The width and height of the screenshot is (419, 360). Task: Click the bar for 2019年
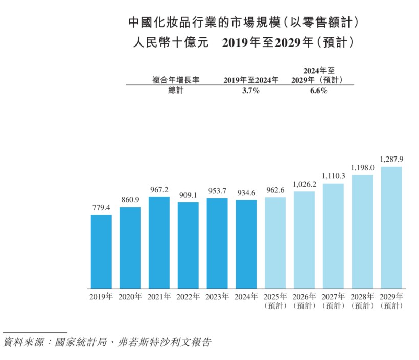(101, 252)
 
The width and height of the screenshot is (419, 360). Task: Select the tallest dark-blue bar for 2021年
(159, 243)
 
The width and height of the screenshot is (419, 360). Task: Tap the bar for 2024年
(246, 244)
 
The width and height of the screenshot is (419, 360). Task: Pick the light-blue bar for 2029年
(391, 228)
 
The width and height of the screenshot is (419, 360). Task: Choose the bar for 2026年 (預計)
(304, 240)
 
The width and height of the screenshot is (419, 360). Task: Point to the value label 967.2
(159, 190)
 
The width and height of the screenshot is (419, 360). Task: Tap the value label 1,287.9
(391, 160)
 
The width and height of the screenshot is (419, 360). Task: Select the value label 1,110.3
(333, 176)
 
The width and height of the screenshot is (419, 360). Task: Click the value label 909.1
(188, 195)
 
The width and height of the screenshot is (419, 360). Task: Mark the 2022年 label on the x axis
(188, 297)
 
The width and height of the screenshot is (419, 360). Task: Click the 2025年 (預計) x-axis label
(275, 301)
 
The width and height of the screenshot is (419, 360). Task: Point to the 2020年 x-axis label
(130, 297)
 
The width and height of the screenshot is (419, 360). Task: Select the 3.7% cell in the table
(251, 91)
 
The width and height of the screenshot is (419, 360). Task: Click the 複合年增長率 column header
(176, 80)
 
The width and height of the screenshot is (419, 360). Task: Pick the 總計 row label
(175, 91)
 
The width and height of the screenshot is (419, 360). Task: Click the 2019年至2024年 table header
(251, 80)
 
